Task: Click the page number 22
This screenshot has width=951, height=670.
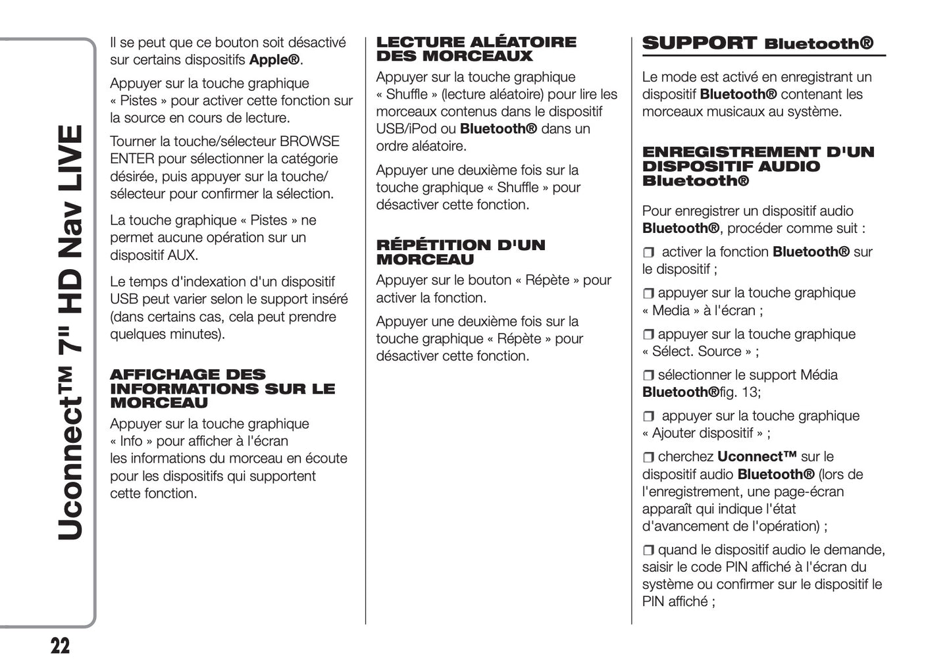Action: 60,646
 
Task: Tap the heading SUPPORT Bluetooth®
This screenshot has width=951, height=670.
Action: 758,43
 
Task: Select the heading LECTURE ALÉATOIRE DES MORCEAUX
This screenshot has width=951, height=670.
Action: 476,49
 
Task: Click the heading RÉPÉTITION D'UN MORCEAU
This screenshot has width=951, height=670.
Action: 461,252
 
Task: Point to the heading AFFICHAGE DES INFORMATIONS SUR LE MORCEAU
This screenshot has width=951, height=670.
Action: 222,388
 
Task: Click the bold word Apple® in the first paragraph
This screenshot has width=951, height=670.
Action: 274,60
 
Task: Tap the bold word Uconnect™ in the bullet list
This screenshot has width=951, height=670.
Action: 757,457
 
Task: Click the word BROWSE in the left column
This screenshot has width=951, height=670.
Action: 309,142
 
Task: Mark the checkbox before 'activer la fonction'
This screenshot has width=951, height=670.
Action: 649,253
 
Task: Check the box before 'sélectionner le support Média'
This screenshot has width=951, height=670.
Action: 648,376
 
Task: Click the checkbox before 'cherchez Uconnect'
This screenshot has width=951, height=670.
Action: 648,457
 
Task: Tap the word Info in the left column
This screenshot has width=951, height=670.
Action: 132,441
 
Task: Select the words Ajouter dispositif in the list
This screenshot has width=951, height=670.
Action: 702,433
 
